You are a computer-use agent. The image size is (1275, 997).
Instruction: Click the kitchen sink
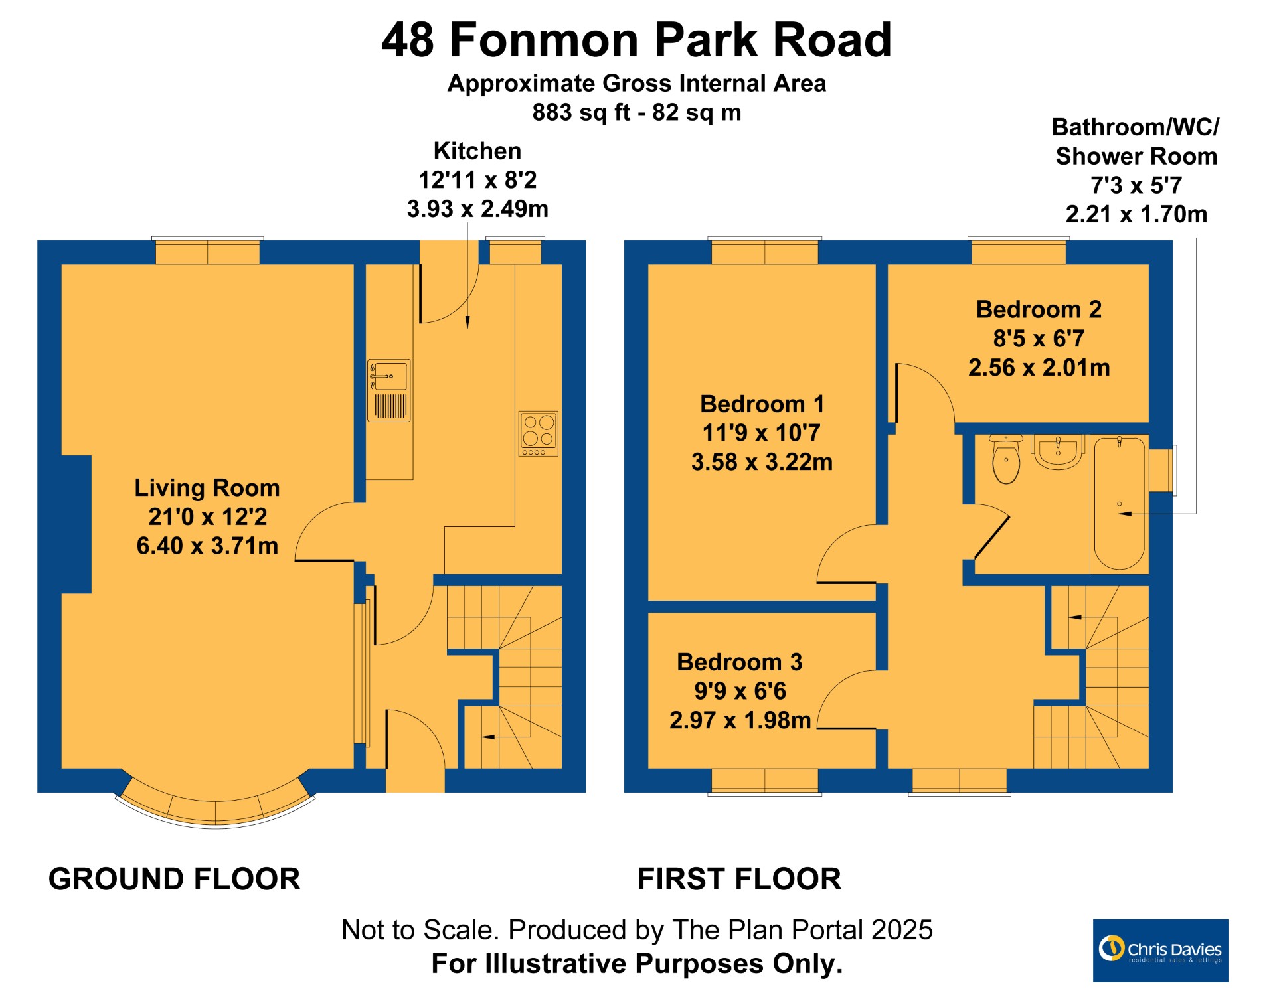tap(389, 390)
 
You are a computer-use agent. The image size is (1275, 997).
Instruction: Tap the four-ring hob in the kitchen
tap(539, 433)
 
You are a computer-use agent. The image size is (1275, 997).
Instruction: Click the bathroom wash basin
tap(1058, 452)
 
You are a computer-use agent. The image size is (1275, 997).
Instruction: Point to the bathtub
tap(1120, 503)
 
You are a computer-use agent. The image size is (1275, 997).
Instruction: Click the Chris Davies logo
tap(1161, 950)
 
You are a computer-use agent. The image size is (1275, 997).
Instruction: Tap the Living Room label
tap(207, 488)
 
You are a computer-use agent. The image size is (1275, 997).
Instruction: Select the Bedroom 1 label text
tap(762, 404)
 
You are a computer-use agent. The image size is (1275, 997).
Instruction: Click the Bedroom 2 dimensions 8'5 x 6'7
tap(1039, 339)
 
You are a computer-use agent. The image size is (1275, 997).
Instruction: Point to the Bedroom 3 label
tap(740, 662)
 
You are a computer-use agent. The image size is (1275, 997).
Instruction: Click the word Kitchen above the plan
tap(477, 151)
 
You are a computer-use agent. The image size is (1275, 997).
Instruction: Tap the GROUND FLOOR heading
tap(175, 879)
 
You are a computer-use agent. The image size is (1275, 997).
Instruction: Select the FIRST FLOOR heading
tap(739, 879)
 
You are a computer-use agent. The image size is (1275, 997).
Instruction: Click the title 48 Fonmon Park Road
tap(637, 40)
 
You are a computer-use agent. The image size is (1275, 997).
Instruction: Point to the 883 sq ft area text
tap(581, 112)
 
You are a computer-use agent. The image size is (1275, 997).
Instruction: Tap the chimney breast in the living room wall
tap(76, 524)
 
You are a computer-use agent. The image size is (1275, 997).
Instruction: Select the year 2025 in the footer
tap(902, 930)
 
